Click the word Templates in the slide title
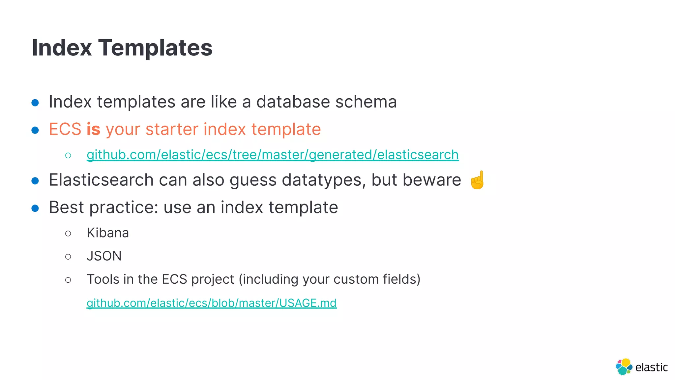155,48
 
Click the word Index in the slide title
62,48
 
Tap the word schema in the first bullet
366,102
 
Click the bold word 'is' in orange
93,129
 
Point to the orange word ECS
65,129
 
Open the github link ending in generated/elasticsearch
273,155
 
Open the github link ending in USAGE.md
212,303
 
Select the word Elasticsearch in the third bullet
101,180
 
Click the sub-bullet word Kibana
108,233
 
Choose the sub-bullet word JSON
104,256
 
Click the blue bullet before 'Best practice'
35,208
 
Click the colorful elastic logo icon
624,367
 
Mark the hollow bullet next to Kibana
68,234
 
